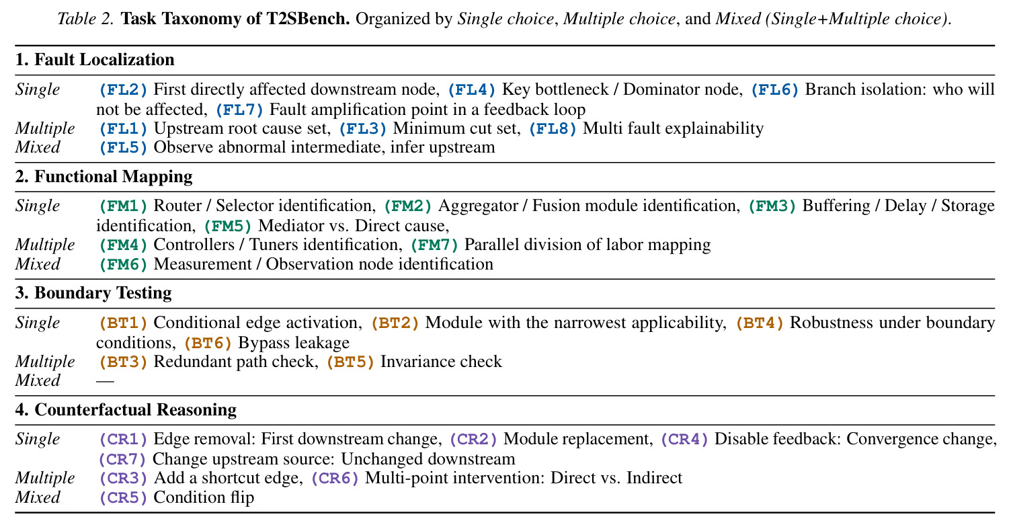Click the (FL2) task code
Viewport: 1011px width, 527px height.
123,89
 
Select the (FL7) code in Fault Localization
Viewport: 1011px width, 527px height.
239,110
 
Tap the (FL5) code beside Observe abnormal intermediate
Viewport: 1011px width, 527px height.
123,147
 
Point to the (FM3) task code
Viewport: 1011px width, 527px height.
772,206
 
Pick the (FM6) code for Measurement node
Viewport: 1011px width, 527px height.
123,264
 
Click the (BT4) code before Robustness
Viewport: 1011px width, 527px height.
760,323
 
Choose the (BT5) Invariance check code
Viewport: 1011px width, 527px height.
350,362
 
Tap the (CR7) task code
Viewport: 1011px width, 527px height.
123,459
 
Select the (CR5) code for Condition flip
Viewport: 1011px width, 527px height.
123,497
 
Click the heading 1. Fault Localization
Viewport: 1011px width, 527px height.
95,60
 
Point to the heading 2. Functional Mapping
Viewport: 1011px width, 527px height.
104,176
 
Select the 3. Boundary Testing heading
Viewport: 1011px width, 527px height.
93,293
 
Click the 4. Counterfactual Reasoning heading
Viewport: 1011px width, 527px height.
126,409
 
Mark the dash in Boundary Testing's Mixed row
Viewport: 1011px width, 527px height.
105,382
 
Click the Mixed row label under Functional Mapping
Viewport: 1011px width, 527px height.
38,264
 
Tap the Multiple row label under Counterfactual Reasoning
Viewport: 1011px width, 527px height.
45,479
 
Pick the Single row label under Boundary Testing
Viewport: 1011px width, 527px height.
38,323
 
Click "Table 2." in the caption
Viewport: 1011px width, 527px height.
86,19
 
